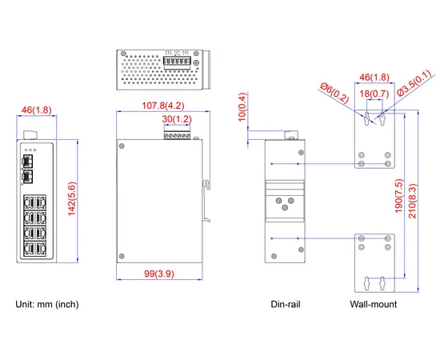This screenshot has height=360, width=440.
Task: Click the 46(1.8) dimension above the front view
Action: [36, 109]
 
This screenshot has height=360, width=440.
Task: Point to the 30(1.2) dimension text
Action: [177, 119]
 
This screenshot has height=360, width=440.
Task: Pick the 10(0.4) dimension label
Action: [242, 110]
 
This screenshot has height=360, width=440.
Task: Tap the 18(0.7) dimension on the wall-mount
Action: [374, 94]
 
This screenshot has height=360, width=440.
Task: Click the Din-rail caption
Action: [286, 304]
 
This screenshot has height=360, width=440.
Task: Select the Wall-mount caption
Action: [374, 304]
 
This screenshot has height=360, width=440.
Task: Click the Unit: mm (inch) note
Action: [48, 304]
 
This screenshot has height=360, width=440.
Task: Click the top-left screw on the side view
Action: [122, 146]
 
